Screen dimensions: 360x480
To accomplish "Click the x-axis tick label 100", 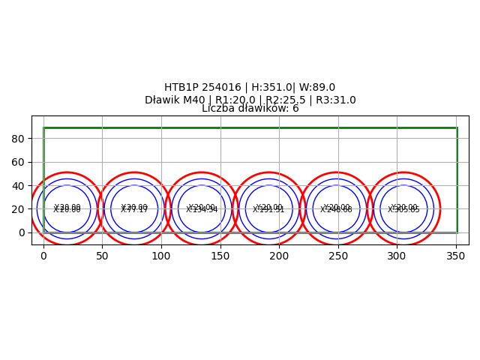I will pyautogui.click(x=161, y=256).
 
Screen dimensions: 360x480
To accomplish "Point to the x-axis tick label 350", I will pyautogui.click(x=456, y=256).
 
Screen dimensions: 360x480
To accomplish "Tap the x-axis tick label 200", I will pyautogui.click(x=279, y=256).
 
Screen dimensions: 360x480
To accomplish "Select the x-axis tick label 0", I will pyautogui.click(x=43, y=256).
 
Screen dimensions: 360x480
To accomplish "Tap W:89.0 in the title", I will pyautogui.click(x=317, y=88).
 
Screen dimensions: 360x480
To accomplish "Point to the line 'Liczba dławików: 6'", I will pyautogui.click(x=250, y=109).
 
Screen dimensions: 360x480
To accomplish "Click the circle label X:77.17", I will pyautogui.click(x=134, y=211).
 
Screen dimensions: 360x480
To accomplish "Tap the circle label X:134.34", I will pyautogui.click(x=202, y=211).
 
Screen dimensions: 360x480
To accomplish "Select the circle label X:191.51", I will pyautogui.click(x=268, y=211).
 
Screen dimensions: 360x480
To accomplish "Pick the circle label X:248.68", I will pyautogui.click(x=336, y=211).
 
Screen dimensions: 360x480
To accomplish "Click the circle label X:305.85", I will pyautogui.click(x=403, y=211).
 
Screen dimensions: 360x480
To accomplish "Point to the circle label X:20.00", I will pyautogui.click(x=67, y=211).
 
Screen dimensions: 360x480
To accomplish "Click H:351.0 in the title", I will pyautogui.click(x=268, y=88).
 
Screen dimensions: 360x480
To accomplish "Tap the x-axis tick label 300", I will pyautogui.click(x=397, y=256).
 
